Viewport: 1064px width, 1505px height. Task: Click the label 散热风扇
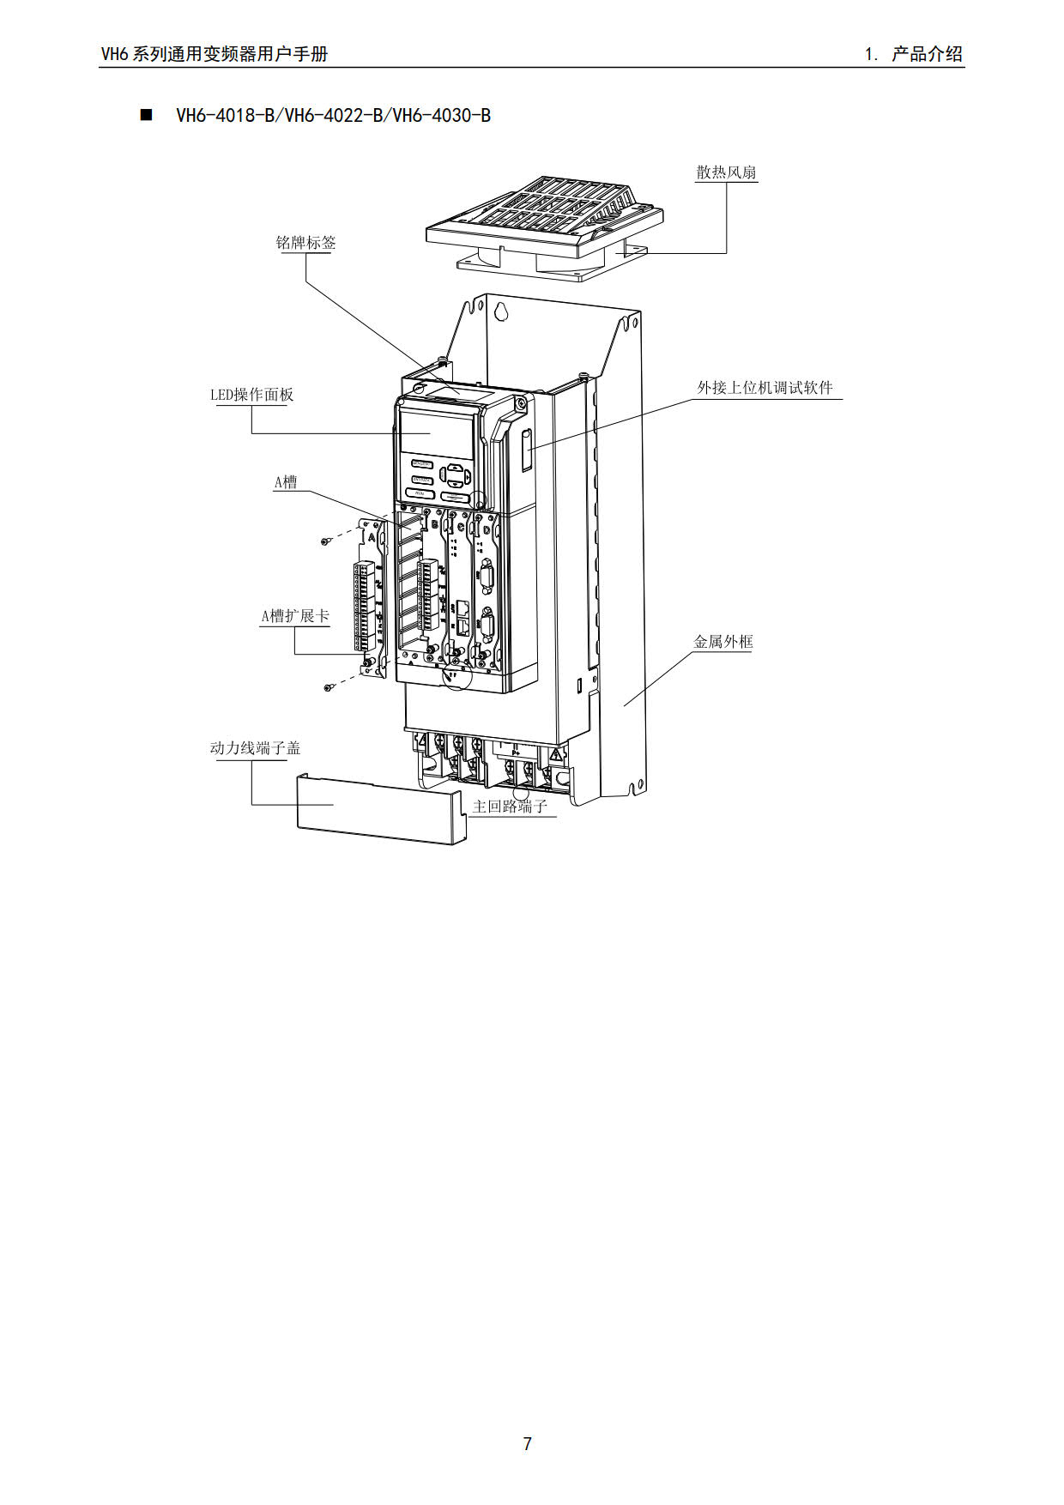(x=726, y=172)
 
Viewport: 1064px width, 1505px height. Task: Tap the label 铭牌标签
(x=305, y=243)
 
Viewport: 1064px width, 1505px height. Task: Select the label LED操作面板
(x=251, y=395)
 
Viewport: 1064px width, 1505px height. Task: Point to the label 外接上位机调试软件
(x=765, y=388)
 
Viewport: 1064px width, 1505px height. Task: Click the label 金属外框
(x=722, y=642)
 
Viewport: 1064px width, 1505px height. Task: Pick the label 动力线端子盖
(x=255, y=748)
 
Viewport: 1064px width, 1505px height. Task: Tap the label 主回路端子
(x=510, y=807)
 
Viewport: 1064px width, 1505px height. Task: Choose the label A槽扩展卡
(x=294, y=616)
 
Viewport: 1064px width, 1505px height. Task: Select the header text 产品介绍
(x=927, y=54)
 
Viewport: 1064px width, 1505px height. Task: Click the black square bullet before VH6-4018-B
(x=146, y=115)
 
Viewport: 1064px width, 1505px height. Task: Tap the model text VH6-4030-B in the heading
(x=442, y=115)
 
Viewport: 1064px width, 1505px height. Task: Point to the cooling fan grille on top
(x=549, y=215)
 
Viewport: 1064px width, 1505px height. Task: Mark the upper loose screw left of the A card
(x=326, y=541)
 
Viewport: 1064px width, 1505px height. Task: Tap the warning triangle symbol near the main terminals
(x=555, y=756)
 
